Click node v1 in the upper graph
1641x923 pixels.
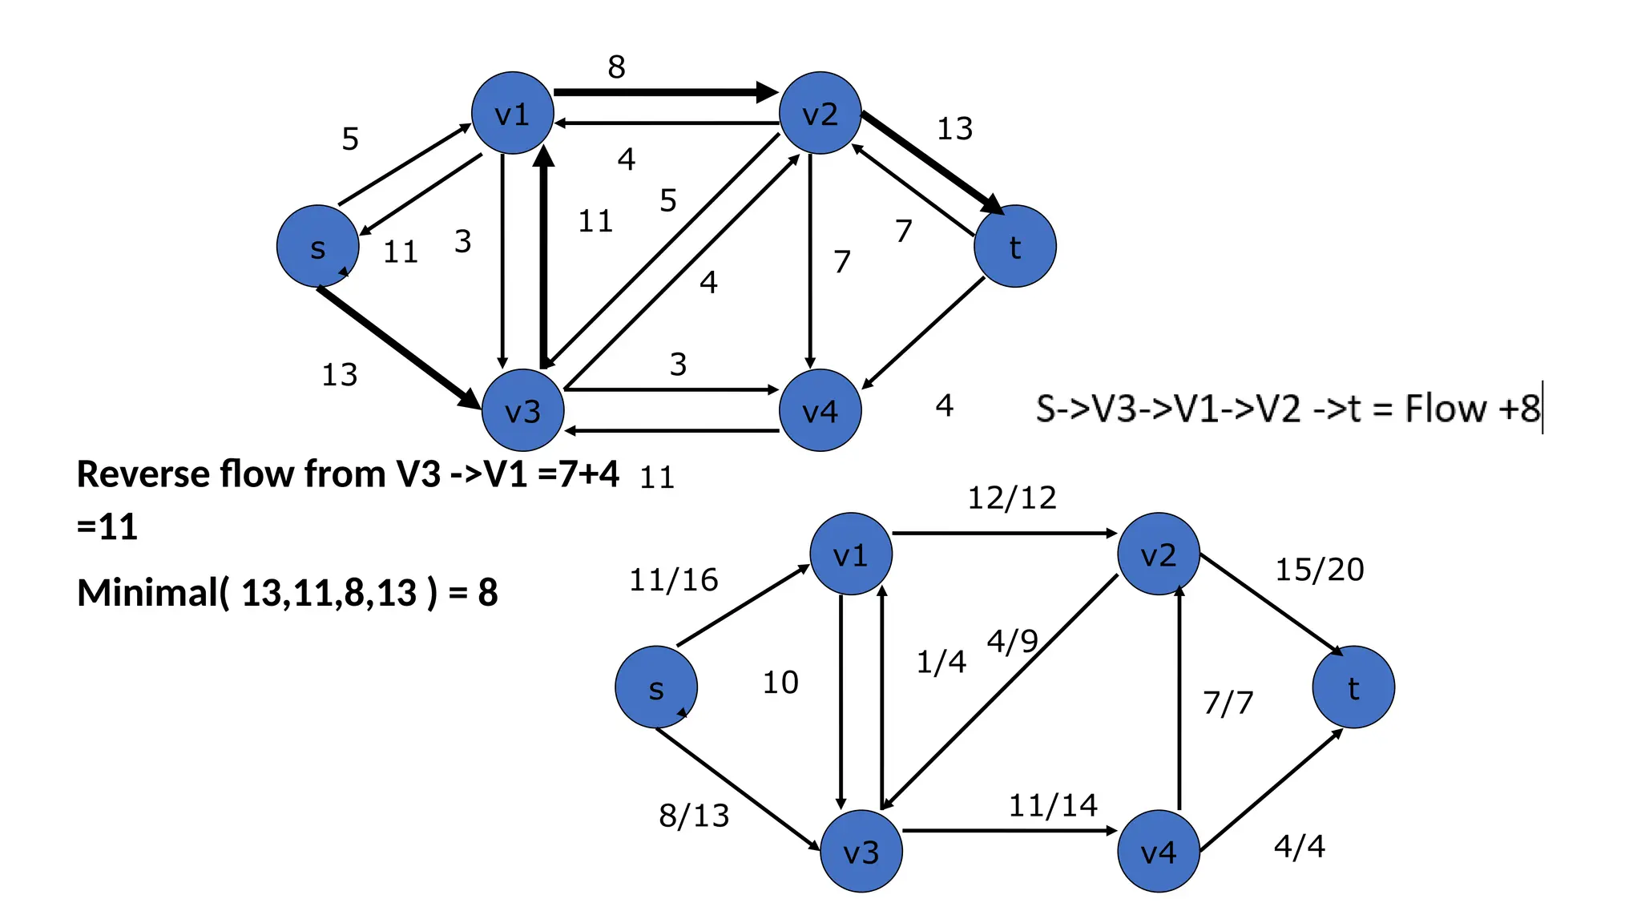coord(512,113)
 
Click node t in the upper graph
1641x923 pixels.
coord(1014,246)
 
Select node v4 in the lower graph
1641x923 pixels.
coord(1158,851)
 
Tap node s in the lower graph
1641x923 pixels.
coord(655,687)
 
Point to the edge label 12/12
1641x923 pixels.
coord(1012,498)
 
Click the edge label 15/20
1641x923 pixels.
coord(1319,570)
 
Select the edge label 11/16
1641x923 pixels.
coord(673,580)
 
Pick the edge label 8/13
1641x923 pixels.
coord(694,816)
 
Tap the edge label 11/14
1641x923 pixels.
coord(1052,805)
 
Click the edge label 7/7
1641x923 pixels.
coord(1228,703)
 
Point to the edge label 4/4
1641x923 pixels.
coord(1299,846)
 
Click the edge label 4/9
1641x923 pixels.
coord(1012,641)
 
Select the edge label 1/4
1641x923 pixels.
coord(941,662)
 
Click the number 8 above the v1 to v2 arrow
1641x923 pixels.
coord(616,67)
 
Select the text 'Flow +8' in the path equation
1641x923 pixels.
coord(1472,409)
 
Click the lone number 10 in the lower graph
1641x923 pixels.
coord(780,683)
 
